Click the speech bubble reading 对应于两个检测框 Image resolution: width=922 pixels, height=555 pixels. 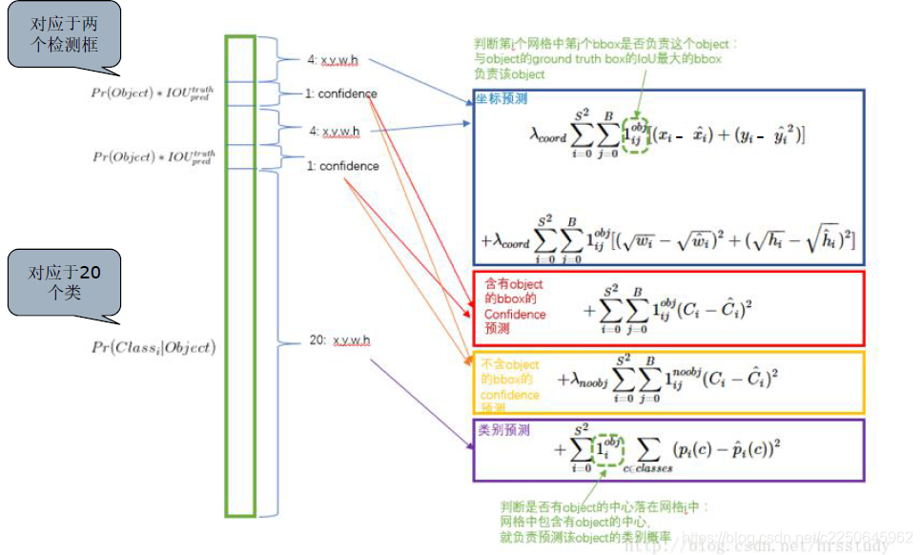(62, 37)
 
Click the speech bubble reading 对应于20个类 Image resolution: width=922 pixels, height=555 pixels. (63, 281)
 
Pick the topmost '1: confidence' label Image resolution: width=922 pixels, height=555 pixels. (341, 93)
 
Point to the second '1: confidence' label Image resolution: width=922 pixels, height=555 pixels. (342, 166)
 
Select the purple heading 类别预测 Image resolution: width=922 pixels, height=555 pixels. (502, 430)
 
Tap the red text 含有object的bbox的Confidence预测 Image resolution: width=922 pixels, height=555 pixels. (514, 306)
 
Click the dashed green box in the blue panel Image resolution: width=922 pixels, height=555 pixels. (635, 134)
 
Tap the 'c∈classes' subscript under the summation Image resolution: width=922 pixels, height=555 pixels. (648, 467)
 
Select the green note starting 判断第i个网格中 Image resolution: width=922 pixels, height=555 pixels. (606, 58)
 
